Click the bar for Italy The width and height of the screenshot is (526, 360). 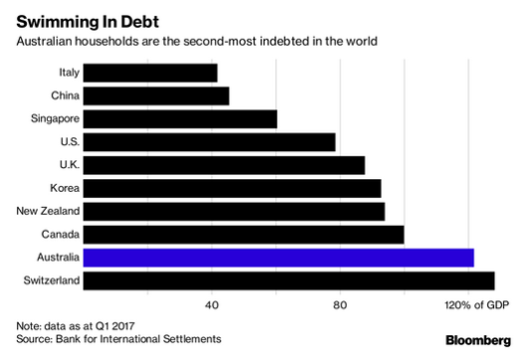(x=150, y=73)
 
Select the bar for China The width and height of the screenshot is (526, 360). (x=156, y=95)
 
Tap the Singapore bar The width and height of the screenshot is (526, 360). (x=180, y=118)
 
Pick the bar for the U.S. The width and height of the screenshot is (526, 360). (x=209, y=141)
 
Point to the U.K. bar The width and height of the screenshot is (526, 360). (x=224, y=165)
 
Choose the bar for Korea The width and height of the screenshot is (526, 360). (x=232, y=188)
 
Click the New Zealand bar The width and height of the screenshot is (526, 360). (x=234, y=211)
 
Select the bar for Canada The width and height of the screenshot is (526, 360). (x=244, y=234)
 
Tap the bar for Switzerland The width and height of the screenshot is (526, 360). (x=288, y=280)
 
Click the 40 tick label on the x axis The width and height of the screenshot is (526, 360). (x=212, y=303)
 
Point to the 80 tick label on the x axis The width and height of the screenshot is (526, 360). (x=340, y=303)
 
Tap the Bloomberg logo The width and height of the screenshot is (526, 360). (x=479, y=340)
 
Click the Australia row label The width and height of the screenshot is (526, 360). (x=54, y=258)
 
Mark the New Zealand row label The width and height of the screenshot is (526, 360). (x=47, y=211)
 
